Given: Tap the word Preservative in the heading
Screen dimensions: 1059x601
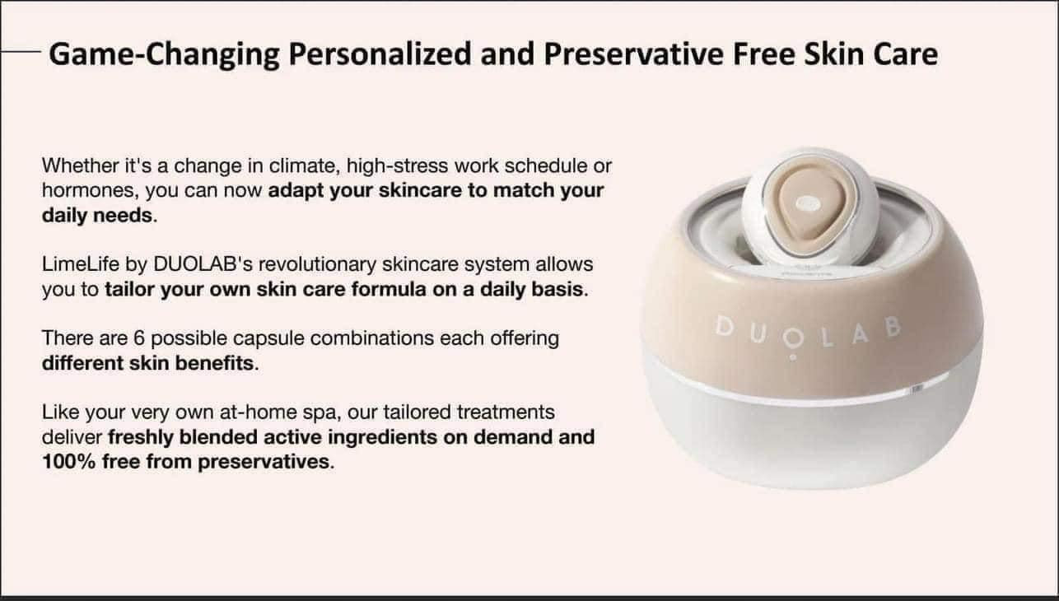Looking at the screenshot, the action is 633,54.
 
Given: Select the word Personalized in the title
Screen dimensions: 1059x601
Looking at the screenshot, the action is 380,54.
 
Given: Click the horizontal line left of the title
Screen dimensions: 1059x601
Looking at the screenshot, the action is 21,51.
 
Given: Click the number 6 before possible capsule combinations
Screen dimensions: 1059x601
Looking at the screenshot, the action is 139,338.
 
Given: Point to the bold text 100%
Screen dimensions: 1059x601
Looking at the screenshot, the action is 69,462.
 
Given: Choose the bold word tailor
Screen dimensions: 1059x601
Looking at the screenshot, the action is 129,289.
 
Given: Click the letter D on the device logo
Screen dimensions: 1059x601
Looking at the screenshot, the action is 724,327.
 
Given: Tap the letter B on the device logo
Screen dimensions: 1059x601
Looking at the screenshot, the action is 893,327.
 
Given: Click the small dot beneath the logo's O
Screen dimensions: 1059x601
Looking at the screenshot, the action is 793,357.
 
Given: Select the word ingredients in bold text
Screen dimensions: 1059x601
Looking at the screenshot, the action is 382,437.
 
